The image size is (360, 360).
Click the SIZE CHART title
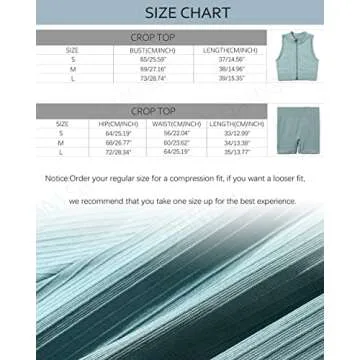(179, 14)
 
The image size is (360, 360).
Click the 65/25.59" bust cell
(153, 59)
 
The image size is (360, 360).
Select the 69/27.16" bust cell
(153, 68)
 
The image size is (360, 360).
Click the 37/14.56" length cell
(233, 59)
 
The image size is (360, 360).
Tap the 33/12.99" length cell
(237, 133)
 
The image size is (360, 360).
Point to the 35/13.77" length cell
(237, 151)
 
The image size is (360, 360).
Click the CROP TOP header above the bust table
(152, 37)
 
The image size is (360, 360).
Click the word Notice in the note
(55, 178)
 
